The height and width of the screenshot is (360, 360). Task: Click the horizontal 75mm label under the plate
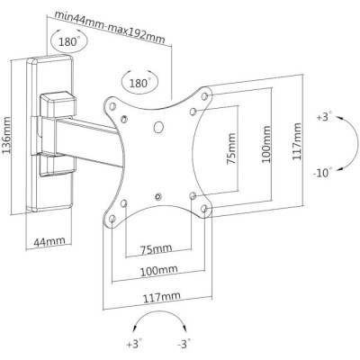point(156,248)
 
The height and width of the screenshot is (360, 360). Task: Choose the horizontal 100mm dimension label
point(157,270)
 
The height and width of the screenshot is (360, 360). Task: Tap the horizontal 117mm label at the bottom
point(157,294)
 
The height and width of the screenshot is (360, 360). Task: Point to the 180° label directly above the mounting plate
point(138,82)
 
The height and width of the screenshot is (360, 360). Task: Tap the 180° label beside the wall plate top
point(68,42)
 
